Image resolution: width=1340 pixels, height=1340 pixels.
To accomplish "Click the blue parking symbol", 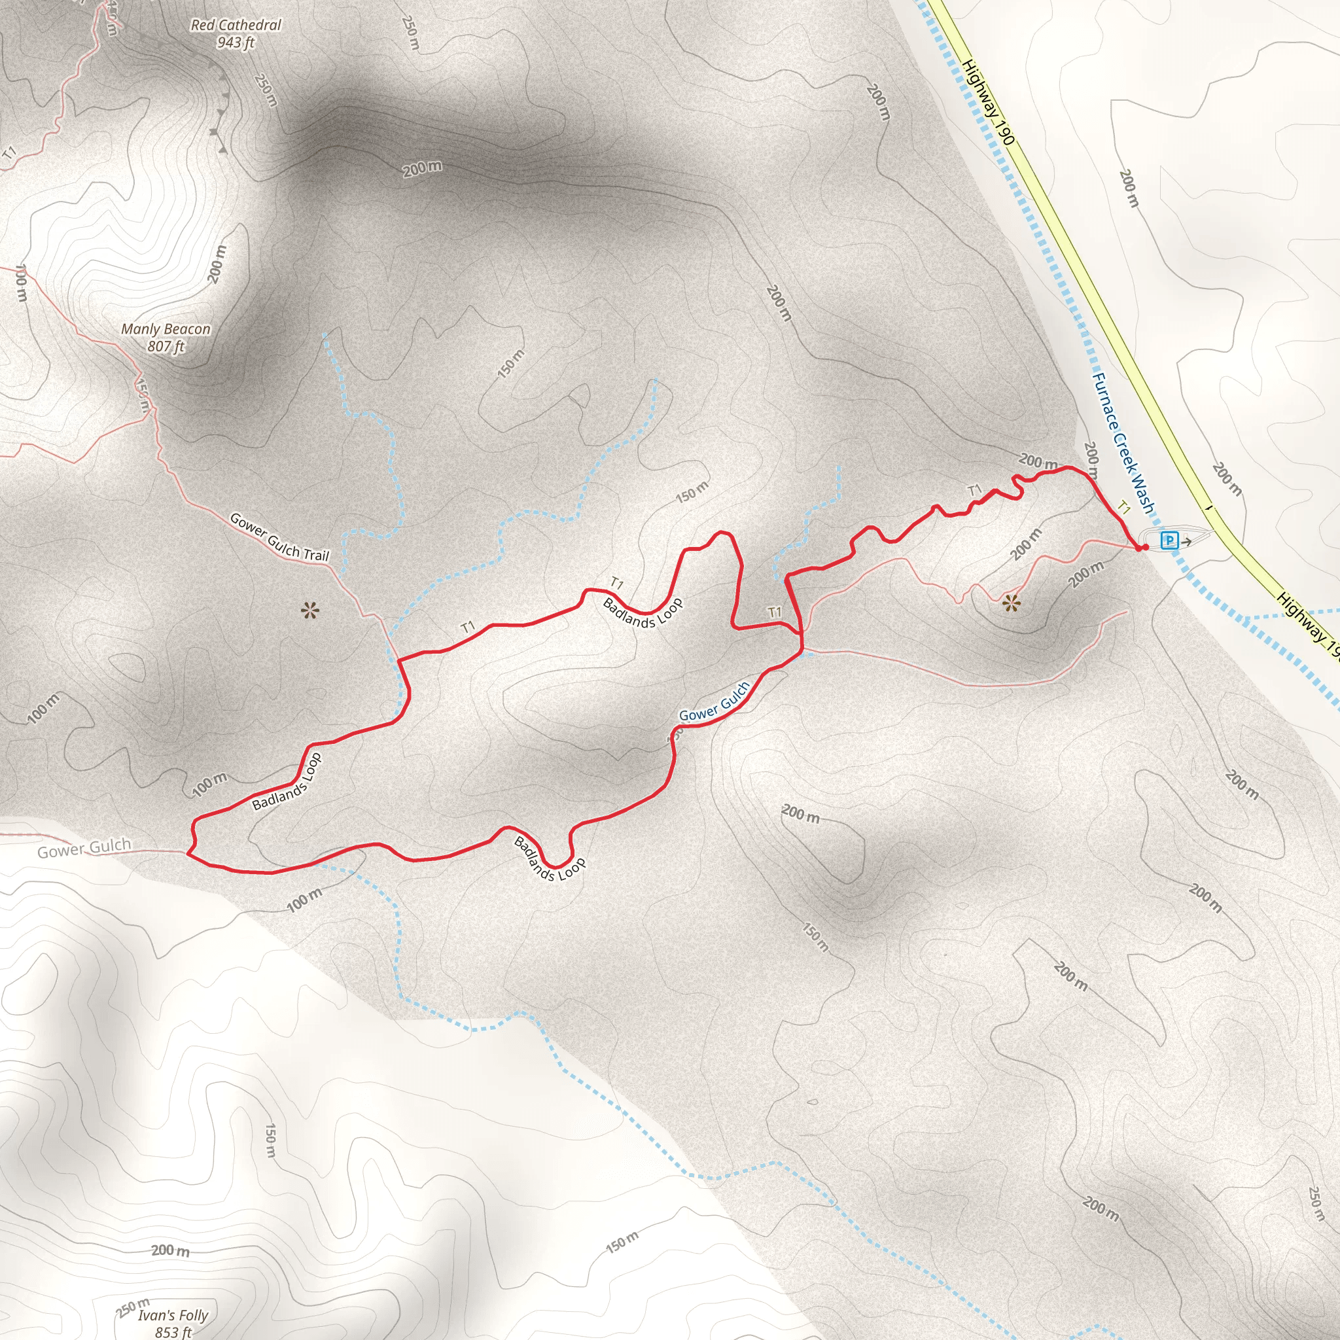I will (x=1169, y=540).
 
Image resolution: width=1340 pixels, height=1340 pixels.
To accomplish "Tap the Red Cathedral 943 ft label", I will (x=236, y=33).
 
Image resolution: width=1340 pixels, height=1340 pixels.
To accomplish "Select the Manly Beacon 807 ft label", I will (x=166, y=337).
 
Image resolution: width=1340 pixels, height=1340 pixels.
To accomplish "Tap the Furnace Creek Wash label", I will (x=1122, y=443).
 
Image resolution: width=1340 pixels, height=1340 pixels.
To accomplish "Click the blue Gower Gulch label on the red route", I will (x=714, y=702).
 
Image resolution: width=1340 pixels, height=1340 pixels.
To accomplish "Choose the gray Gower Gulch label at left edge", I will (x=84, y=848).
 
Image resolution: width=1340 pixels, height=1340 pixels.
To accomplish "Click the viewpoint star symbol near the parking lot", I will (x=1012, y=603).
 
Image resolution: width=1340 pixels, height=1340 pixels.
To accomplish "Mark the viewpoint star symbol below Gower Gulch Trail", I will (x=309, y=611).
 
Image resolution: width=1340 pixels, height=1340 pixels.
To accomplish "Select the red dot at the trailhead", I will (x=1140, y=548).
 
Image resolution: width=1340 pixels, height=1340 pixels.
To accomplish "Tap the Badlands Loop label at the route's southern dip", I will (x=550, y=858).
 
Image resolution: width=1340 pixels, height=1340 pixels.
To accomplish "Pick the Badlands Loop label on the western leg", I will (x=287, y=782).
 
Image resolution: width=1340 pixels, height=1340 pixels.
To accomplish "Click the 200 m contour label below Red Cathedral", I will (x=422, y=168).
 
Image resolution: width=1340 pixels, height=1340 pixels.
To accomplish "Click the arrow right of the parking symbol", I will (x=1187, y=541).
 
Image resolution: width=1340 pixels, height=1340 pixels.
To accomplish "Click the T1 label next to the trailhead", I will (x=1124, y=508).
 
